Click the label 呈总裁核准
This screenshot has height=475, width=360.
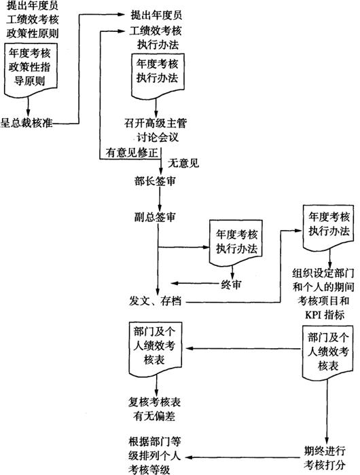tap(26, 123)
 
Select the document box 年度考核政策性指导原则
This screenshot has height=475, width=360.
tap(31, 71)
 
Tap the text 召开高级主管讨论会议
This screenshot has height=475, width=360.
tap(156, 130)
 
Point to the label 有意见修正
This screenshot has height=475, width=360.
tap(132, 153)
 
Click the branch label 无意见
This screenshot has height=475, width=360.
tap(183, 164)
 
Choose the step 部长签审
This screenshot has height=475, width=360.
tap(156, 181)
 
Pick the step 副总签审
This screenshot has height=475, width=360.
tap(156, 217)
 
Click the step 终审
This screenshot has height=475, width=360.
tap(231, 284)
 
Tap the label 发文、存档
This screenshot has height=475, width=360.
tap(156, 301)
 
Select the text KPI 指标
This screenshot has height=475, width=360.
tap(325, 315)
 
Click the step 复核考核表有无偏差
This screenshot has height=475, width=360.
tap(154, 409)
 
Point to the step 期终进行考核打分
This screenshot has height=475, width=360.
tap(325, 458)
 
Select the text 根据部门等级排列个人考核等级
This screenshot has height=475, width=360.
tap(154, 455)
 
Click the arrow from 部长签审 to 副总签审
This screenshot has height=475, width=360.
tap(160, 199)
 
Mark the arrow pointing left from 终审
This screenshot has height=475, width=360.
tap(196, 284)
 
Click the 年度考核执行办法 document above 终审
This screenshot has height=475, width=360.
tap(236, 243)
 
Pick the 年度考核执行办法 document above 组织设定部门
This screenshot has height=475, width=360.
tap(328, 229)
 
